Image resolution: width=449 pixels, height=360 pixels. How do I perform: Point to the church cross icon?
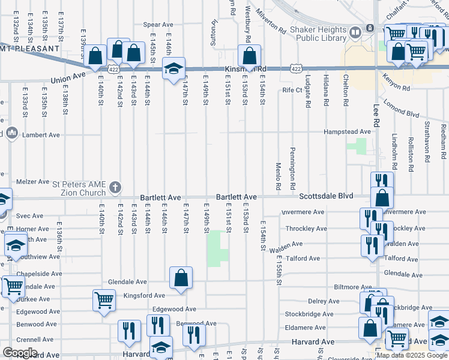point(115,187)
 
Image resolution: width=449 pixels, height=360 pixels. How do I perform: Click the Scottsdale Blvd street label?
point(327,196)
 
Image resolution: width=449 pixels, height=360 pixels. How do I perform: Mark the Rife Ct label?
point(293,90)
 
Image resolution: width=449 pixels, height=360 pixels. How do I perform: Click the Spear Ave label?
point(158,25)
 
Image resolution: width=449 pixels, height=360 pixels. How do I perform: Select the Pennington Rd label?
point(292,169)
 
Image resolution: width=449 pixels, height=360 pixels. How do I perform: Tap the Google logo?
point(20,353)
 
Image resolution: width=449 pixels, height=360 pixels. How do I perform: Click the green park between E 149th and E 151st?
point(217,248)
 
